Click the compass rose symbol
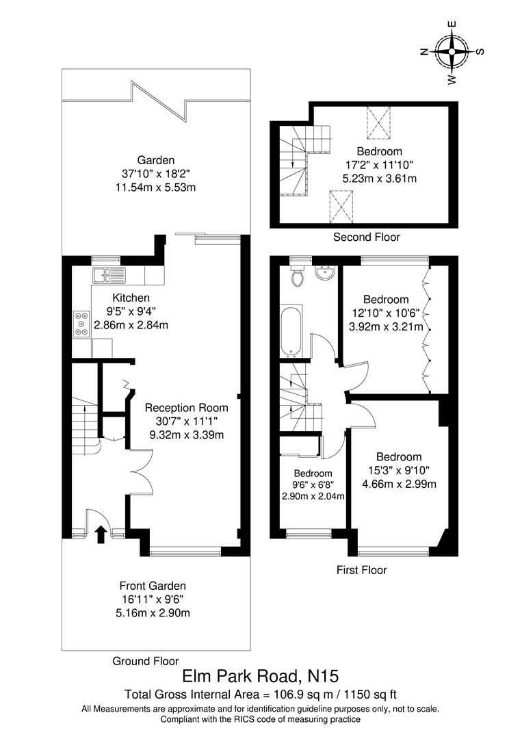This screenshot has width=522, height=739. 452,51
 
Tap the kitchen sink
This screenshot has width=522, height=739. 109,276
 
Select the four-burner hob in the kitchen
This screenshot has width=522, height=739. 81,323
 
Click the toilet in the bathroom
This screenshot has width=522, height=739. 297,278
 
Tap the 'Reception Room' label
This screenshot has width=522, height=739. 187,407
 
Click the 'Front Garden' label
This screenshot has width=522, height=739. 153,586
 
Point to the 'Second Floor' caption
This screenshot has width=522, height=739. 366,237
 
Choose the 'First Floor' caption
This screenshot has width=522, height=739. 362,569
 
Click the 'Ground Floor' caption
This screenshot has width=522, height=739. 146,661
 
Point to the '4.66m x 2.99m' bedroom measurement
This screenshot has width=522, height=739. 398,484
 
